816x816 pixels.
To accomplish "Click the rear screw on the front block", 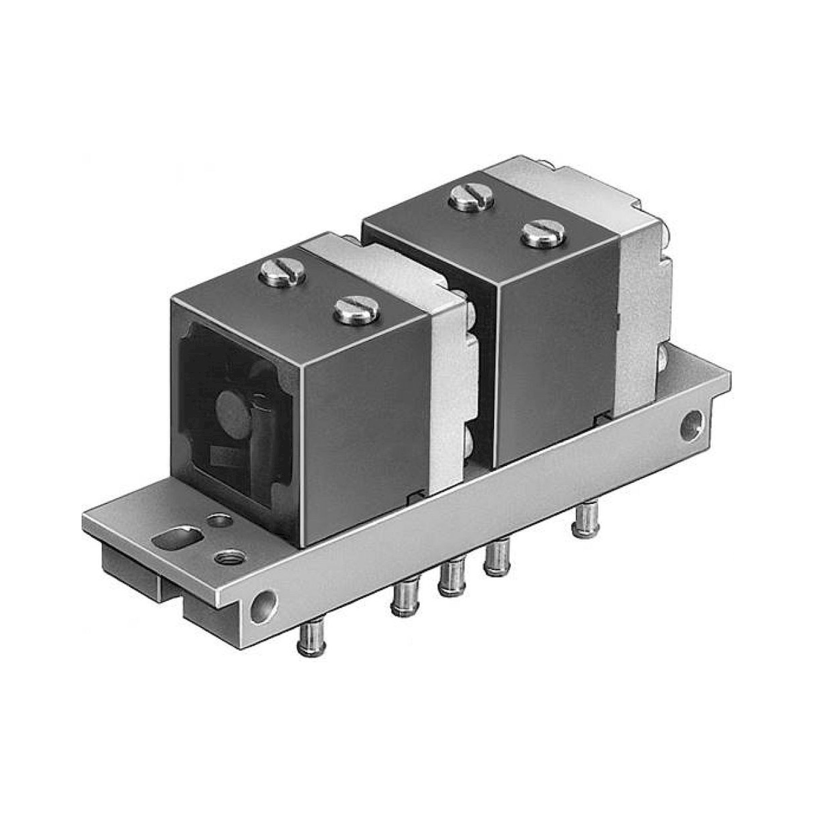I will [283, 273].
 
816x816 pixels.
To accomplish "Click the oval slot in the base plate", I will [178, 539].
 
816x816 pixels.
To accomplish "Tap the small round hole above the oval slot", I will [220, 520].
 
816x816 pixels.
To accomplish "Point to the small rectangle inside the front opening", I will [221, 456].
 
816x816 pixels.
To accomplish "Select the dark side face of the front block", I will [368, 427].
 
